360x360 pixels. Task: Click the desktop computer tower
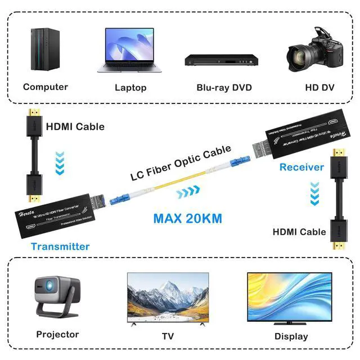coord(45,49)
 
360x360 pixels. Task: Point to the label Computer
coord(46,87)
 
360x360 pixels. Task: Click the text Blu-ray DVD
coord(224,87)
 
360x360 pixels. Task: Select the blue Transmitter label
coord(60,246)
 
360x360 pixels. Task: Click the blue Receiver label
coord(301,167)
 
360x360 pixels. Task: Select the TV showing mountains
coord(168,297)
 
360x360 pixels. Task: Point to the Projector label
coord(57,334)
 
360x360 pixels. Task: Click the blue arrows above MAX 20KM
coord(187,194)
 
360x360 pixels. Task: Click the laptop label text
coord(130,87)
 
